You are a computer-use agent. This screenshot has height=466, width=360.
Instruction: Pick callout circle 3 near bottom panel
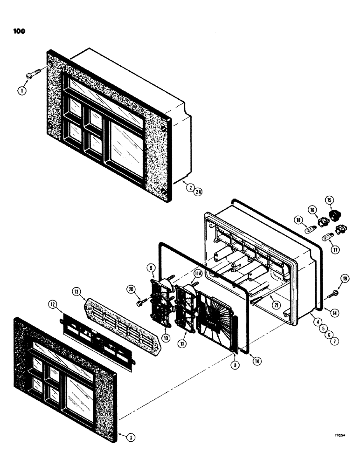pos(132,437)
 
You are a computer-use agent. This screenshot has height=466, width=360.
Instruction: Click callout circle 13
pos(77,293)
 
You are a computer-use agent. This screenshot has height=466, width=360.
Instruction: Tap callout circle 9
pos(151,267)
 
